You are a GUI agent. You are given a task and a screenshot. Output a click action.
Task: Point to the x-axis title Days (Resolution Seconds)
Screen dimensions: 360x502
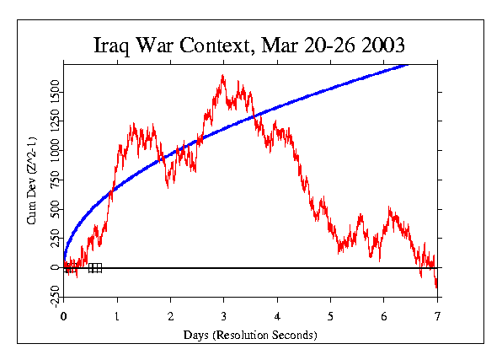tap(250, 335)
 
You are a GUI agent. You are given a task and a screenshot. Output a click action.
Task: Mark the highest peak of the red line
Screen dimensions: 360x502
tap(222, 76)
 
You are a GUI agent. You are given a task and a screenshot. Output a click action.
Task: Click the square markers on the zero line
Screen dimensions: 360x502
tap(95, 268)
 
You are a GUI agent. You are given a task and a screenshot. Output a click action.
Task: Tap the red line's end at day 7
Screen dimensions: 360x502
tap(437, 287)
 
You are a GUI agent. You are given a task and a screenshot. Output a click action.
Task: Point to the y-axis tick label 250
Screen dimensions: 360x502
tap(53, 239)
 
